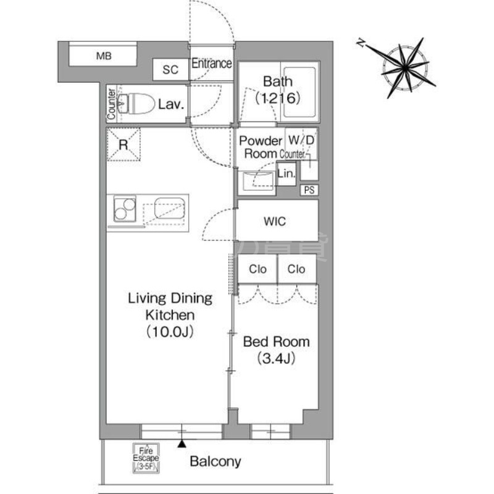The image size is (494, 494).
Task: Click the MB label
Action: pyautogui.click(x=104, y=56)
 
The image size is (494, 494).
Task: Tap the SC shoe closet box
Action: pyautogui.click(x=170, y=69)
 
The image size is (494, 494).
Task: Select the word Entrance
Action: pyautogui.click(x=212, y=64)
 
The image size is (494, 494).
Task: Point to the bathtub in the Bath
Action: pyautogui.click(x=299, y=93)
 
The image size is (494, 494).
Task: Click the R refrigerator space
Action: pyautogui.click(x=124, y=144)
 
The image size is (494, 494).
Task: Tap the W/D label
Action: pyautogui.click(x=301, y=140)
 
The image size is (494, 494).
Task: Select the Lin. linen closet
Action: pyautogui.click(x=287, y=174)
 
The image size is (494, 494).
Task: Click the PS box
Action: pyautogui.click(x=309, y=190)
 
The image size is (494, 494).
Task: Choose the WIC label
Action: pyautogui.click(x=275, y=221)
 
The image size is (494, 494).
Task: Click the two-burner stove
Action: pyautogui.click(x=125, y=209)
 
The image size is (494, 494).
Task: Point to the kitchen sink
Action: pyautogui.click(x=169, y=207)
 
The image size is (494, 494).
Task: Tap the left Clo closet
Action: pyautogui.click(x=257, y=269)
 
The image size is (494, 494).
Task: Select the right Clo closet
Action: pyautogui.click(x=296, y=269)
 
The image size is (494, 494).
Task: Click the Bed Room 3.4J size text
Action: pyautogui.click(x=276, y=358)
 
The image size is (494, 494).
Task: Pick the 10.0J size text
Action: pyautogui.click(x=170, y=332)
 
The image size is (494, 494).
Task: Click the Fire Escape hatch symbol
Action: pyautogui.click(x=146, y=458)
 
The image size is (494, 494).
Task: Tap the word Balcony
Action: pyautogui.click(x=216, y=461)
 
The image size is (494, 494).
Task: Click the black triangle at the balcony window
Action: pyautogui.click(x=182, y=443)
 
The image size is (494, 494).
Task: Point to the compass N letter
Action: pyautogui.click(x=361, y=43)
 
